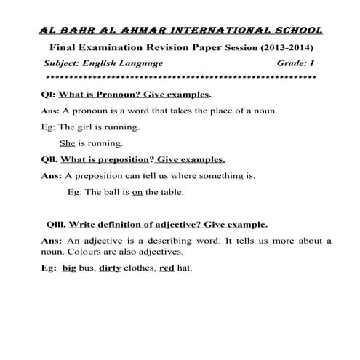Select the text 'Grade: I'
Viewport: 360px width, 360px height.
point(295,63)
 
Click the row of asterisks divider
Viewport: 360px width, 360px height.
point(180,76)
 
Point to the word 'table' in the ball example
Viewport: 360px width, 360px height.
point(172,192)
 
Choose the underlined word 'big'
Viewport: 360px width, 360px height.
point(70,268)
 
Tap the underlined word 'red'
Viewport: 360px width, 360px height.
point(166,268)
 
